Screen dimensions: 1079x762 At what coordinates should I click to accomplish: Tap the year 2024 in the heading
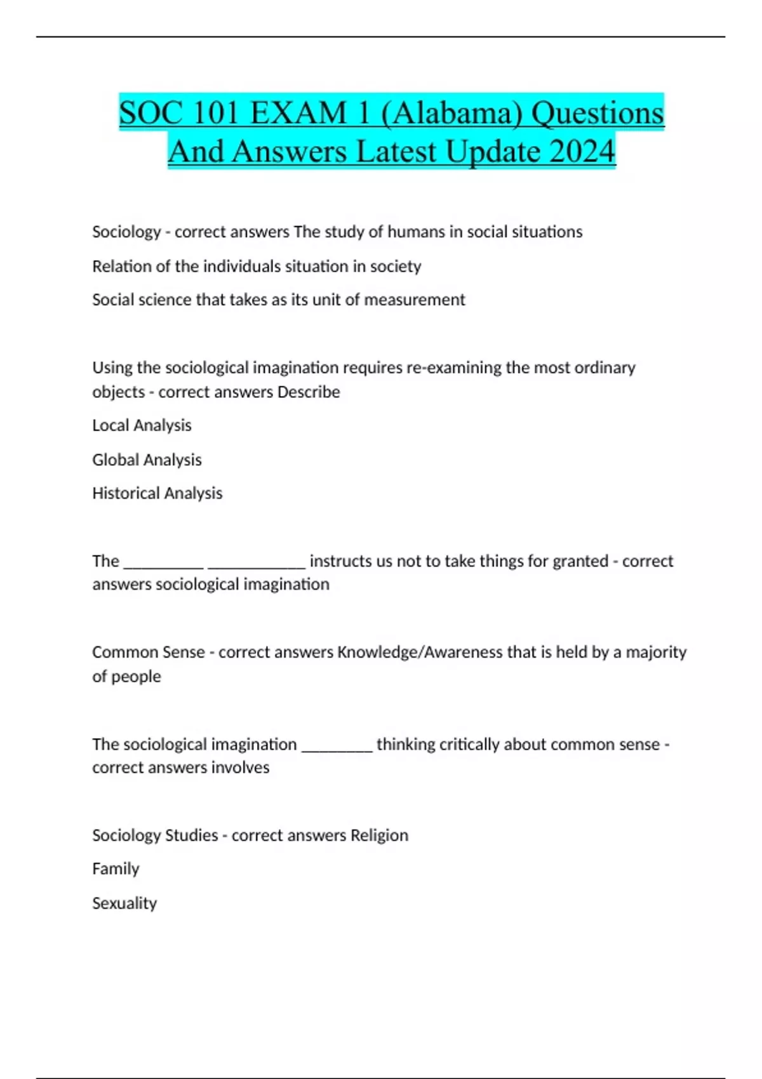582,152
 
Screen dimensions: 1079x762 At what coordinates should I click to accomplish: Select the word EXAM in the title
298,114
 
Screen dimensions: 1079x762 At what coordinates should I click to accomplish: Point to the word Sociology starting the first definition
126,232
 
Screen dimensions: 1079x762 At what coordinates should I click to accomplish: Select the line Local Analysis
142,425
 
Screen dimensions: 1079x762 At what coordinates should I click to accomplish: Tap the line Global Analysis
147,460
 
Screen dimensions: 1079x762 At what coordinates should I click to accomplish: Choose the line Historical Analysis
157,493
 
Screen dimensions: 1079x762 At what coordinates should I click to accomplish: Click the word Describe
309,392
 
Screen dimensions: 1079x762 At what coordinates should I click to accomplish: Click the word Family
116,869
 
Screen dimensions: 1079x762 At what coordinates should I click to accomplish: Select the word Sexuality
124,903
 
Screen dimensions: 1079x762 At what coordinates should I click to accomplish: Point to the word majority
656,652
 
